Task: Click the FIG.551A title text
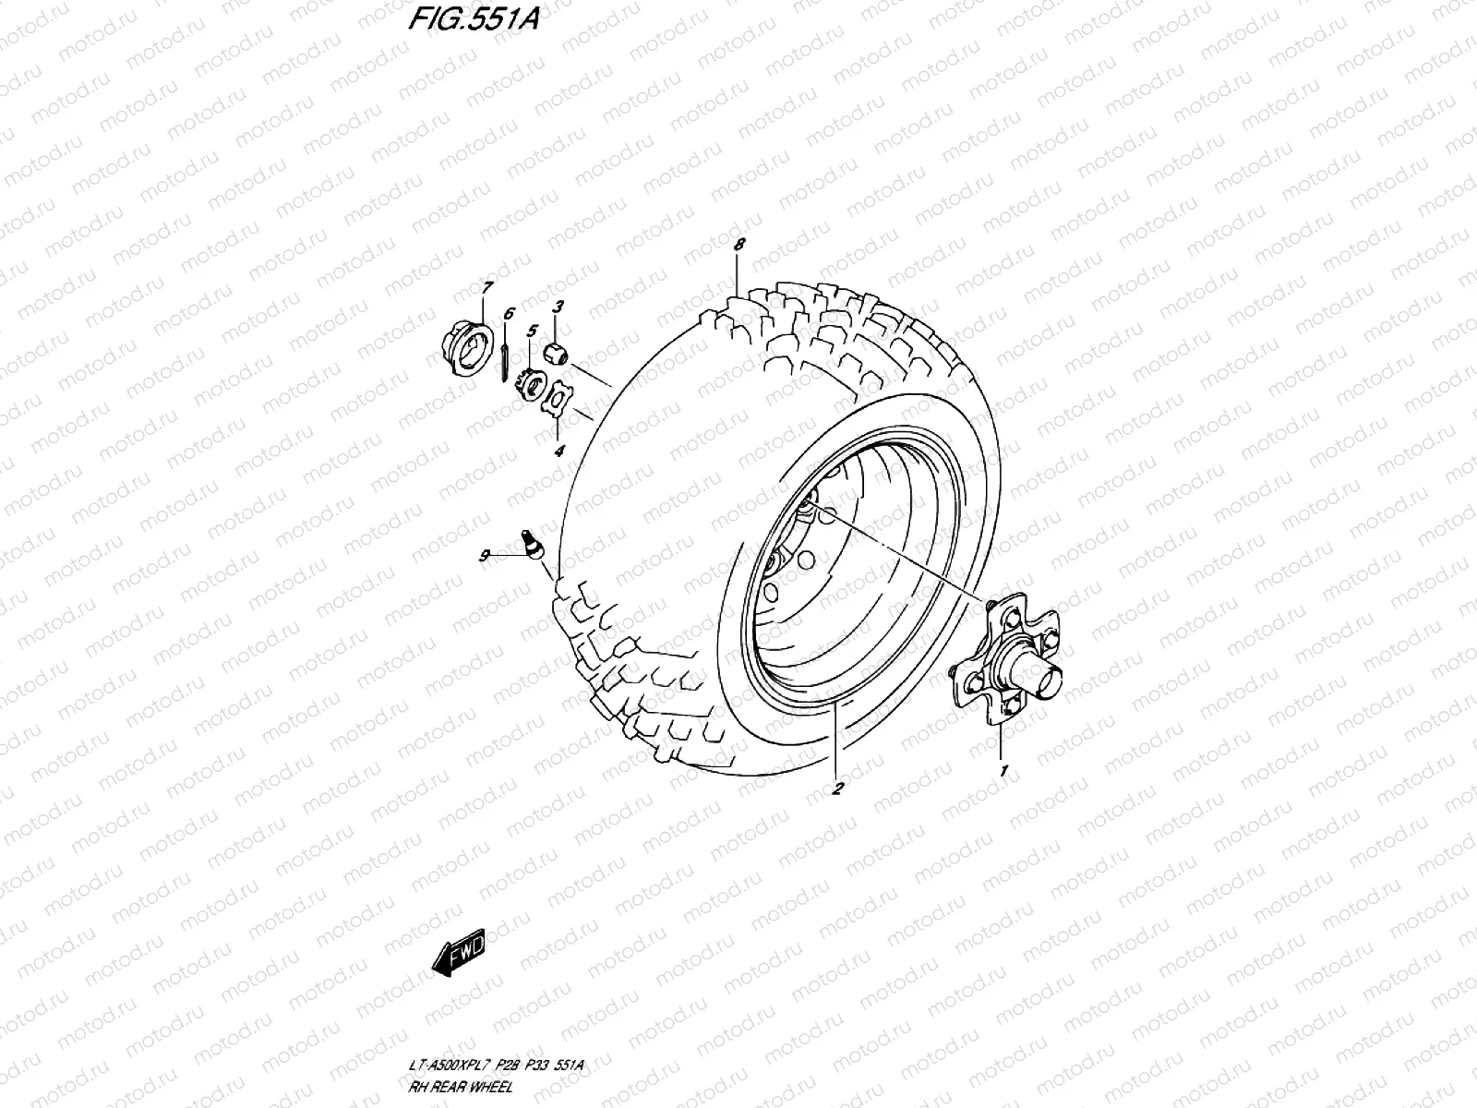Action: pyautogui.click(x=473, y=19)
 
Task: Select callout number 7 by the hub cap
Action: pyautogui.click(x=486, y=288)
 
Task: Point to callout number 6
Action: pyautogui.click(x=508, y=314)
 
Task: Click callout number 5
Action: pyautogui.click(x=532, y=330)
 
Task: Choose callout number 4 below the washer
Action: pyautogui.click(x=558, y=451)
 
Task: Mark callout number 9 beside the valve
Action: pyautogui.click(x=483, y=555)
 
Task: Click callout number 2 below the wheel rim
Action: pyautogui.click(x=836, y=788)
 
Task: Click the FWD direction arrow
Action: pyautogui.click(x=458, y=959)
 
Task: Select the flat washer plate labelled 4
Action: pyautogui.click(x=558, y=400)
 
